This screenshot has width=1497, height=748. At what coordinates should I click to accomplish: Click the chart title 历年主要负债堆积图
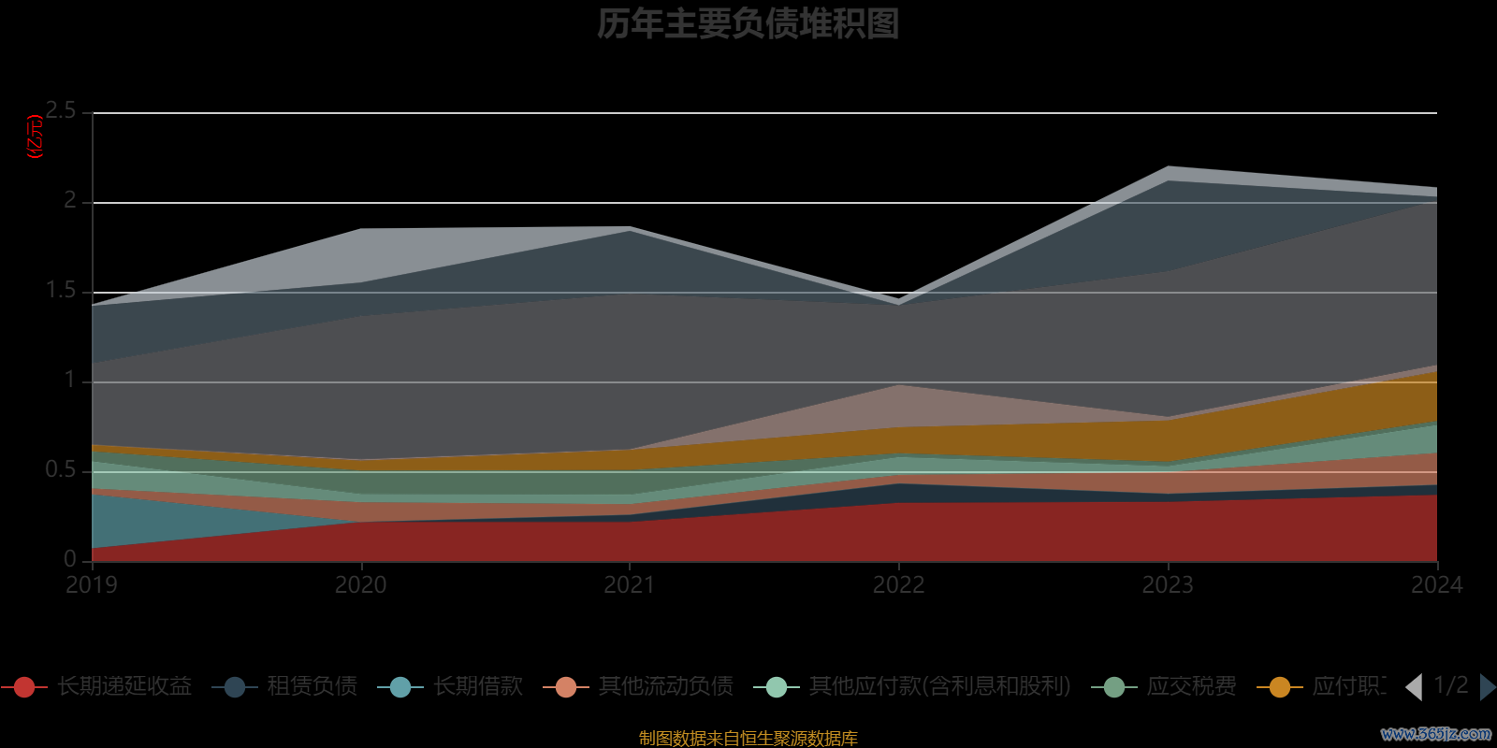point(748,24)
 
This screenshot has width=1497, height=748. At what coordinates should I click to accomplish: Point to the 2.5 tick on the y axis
point(62,111)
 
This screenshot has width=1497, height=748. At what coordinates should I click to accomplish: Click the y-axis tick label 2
point(70,201)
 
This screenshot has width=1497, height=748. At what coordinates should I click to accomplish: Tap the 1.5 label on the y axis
point(62,291)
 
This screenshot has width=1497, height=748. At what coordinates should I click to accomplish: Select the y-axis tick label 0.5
point(62,470)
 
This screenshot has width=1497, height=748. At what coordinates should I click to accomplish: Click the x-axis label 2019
point(92,585)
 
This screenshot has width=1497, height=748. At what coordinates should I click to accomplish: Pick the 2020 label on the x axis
point(361,585)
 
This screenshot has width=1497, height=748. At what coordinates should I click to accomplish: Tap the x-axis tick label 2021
point(630,585)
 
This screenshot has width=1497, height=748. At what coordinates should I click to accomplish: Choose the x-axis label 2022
point(898,585)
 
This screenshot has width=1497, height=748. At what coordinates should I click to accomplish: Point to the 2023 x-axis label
point(1168,585)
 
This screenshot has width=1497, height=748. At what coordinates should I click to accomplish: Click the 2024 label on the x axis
point(1436,585)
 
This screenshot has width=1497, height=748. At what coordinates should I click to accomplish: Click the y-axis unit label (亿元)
point(36,137)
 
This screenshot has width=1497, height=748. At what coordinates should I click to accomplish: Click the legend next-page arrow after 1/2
point(1487,687)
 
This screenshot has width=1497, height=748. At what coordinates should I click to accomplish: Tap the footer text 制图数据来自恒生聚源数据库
point(748,739)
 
